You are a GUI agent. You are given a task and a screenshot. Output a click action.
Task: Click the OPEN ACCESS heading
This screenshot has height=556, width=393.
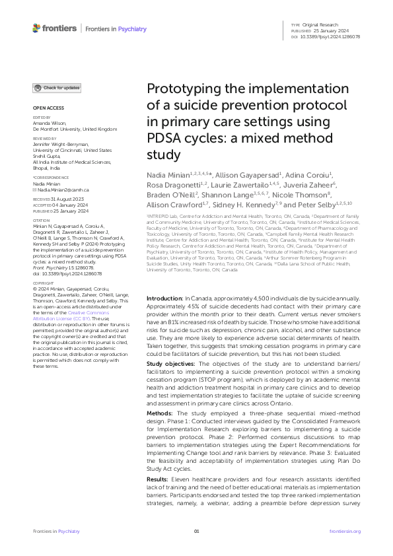coord(48,107)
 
